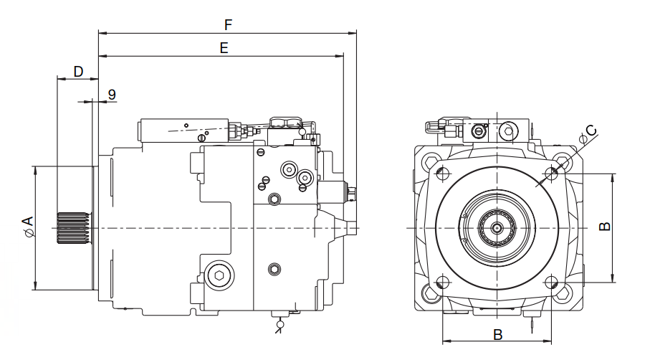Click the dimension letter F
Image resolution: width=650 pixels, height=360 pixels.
(x=228, y=24)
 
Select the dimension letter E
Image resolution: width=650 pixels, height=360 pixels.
(x=224, y=48)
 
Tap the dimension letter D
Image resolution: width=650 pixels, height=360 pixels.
(x=78, y=71)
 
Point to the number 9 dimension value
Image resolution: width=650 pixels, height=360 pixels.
(x=113, y=95)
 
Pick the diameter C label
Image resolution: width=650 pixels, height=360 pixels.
(x=588, y=133)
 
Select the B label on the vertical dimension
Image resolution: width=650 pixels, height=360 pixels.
(x=605, y=226)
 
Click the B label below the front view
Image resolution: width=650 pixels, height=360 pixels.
(x=498, y=334)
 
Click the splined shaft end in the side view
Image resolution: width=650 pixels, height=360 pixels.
(x=71, y=227)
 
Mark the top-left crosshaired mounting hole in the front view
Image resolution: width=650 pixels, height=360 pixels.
(x=443, y=174)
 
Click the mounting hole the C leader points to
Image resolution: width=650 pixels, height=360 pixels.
(x=553, y=173)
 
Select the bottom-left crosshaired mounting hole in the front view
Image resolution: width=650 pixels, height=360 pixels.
(x=442, y=283)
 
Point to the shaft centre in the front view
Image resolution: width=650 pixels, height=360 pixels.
(x=497, y=228)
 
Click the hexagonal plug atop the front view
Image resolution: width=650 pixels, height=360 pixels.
(x=507, y=130)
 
